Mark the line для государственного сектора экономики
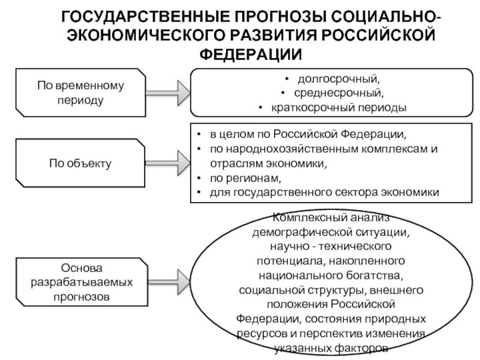pyautogui.click(x=324, y=193)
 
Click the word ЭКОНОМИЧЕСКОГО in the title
pyautogui.click(x=143, y=34)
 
